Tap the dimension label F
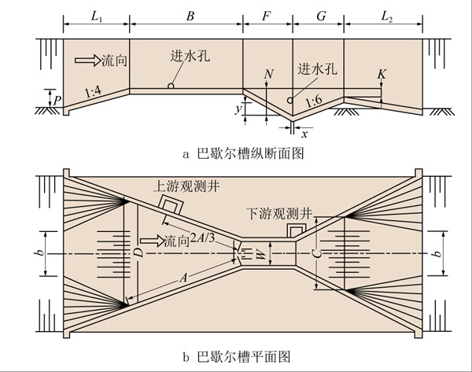click(267, 14)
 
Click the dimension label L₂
click(387, 14)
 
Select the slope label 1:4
click(93, 94)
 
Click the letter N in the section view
click(270, 74)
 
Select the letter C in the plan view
click(315, 253)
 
